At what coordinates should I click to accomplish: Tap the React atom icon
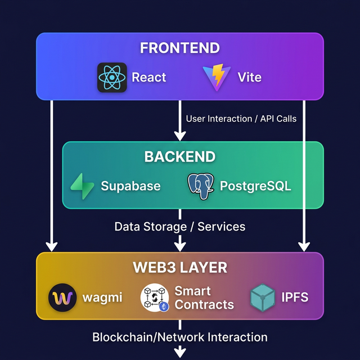112,77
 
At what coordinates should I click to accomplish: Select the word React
148,77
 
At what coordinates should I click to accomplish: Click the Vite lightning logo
216,78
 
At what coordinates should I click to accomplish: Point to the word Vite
249,77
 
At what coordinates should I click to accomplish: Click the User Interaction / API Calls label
241,119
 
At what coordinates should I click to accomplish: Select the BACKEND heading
180,156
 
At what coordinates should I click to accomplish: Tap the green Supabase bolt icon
82,186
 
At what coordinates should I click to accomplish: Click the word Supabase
130,186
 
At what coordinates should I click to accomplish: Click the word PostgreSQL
255,186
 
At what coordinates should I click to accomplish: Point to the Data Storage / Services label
180,227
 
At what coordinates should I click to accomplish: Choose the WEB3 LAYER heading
180,267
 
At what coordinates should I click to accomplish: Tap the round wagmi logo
62,298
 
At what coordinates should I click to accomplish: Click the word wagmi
102,298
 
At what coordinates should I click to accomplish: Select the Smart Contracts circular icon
154,298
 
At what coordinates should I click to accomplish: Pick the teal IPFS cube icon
262,298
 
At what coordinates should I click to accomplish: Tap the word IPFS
295,298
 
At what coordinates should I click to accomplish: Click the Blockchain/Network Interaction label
180,337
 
